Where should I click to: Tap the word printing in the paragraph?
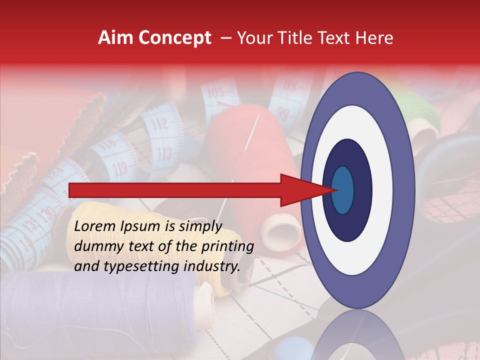click(x=227, y=246)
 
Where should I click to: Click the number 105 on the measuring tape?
click(x=215, y=93)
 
